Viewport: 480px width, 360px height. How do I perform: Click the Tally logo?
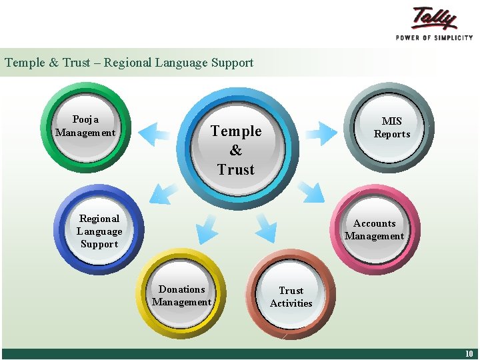coord(434,18)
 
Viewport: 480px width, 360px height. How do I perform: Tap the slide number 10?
coord(469,353)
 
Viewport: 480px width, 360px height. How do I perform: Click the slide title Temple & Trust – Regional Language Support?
coord(129,63)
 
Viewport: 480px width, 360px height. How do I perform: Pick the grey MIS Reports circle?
coord(391,127)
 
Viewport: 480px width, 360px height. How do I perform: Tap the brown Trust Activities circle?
coord(291,297)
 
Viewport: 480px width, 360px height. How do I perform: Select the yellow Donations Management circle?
coord(181,295)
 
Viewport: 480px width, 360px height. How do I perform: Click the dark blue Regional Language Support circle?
coord(99,231)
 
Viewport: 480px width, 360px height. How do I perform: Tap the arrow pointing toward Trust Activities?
coord(265,227)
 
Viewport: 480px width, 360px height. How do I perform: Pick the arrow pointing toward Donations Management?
coord(207,229)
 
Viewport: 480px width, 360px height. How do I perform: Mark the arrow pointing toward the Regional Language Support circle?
coord(163,193)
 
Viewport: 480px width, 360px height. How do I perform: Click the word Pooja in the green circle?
coord(85,119)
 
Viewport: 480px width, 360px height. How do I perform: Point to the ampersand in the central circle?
coord(236,151)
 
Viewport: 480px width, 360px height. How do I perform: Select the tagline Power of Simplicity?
coord(434,37)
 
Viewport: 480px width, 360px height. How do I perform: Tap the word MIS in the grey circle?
coord(392,121)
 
